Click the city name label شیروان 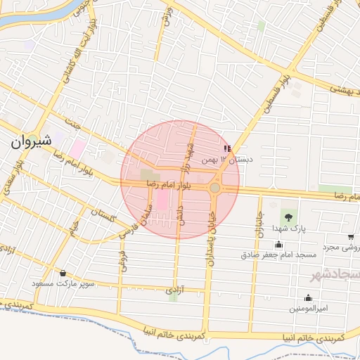click(x=31, y=140)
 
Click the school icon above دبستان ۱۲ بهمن click(x=226, y=148)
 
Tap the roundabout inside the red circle click(x=214, y=188)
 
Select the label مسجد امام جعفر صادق click(x=280, y=255)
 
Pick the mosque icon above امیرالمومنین click(x=307, y=297)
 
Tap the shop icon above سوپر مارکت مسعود click(x=63, y=273)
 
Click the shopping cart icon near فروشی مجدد click(x=351, y=237)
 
